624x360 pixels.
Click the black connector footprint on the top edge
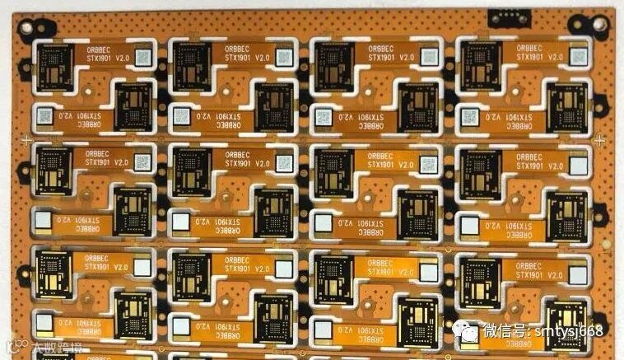click(x=504, y=17)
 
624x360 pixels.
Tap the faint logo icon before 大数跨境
click(x=12, y=347)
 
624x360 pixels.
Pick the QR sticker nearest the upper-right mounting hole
click(x=579, y=58)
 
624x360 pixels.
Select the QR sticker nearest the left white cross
click(x=43, y=117)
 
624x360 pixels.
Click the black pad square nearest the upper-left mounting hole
click(x=57, y=66)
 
